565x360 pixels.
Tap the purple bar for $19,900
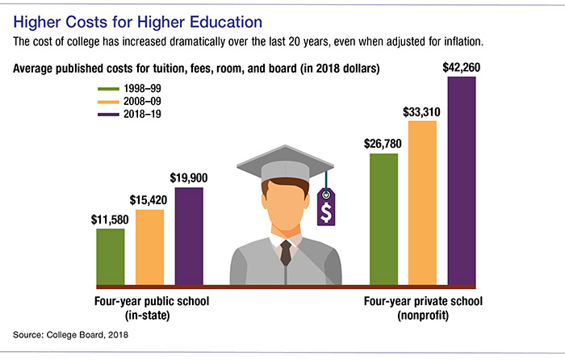(x=189, y=236)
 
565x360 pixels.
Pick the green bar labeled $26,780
(x=383, y=219)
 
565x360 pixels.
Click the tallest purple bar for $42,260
(x=462, y=182)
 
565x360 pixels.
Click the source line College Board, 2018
(x=72, y=333)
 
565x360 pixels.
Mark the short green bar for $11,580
(x=111, y=257)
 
